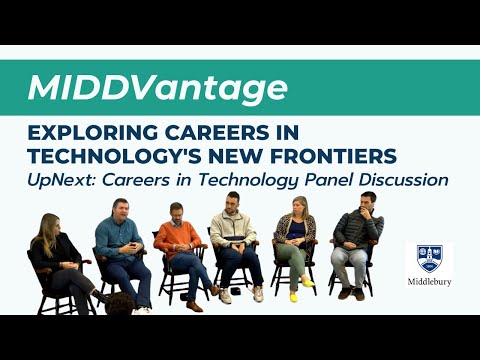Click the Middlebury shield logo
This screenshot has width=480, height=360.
434,260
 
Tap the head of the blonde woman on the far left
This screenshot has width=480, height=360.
48,226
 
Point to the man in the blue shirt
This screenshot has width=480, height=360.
122,245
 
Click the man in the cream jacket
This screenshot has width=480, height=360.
234,240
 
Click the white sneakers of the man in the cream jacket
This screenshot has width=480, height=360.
241,296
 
